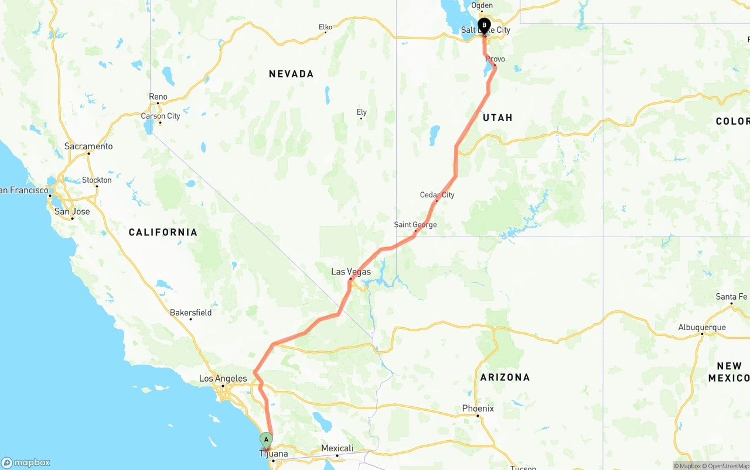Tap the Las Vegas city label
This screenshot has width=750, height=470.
coord(351,272)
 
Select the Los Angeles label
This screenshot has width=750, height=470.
coord(223,379)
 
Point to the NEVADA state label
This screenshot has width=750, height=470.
coord(291,74)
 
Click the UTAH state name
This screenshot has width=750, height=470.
coord(497,118)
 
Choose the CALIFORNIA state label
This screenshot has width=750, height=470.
coord(163,232)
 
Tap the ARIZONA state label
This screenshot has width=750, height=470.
coord(504,378)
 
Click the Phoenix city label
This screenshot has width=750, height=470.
coord(478,409)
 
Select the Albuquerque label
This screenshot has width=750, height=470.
coord(701,328)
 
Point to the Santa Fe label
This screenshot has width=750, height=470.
coord(731,297)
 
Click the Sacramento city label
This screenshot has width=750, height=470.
coord(88,146)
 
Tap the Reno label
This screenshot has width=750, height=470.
coord(158,97)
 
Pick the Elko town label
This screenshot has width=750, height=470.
coord(325,27)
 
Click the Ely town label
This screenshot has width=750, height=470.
coord(362,112)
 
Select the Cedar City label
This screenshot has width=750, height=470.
coord(437,195)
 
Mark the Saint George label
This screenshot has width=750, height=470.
coord(415,225)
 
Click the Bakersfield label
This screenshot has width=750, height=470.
coord(190,313)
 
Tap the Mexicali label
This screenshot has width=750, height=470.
coord(337,449)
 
